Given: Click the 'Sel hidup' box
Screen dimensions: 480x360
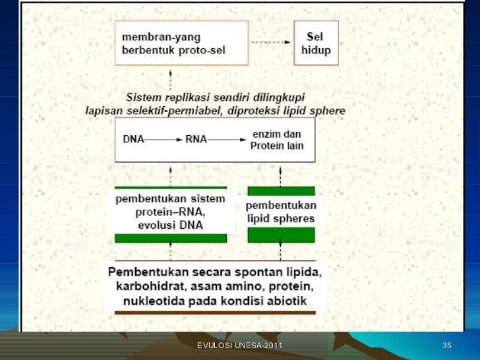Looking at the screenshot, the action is point(316,43).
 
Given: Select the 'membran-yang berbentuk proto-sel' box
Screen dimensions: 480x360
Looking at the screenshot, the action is point(181,43).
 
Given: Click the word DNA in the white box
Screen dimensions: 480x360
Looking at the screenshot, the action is point(133,140).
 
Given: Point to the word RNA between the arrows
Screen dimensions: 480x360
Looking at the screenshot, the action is point(195,140).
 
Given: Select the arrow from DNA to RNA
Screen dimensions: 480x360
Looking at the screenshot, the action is point(164,140).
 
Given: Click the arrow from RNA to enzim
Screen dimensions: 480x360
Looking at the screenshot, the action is point(227,140).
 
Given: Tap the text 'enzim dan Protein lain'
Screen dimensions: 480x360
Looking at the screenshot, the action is point(277,140).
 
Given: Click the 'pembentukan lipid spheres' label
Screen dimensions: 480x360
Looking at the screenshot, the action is point(280,212).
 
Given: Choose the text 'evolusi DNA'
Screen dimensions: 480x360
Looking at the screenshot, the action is point(171,225).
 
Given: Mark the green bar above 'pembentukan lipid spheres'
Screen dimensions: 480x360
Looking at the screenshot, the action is point(281,191).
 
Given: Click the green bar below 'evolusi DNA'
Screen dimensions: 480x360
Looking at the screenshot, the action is point(171,238).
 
